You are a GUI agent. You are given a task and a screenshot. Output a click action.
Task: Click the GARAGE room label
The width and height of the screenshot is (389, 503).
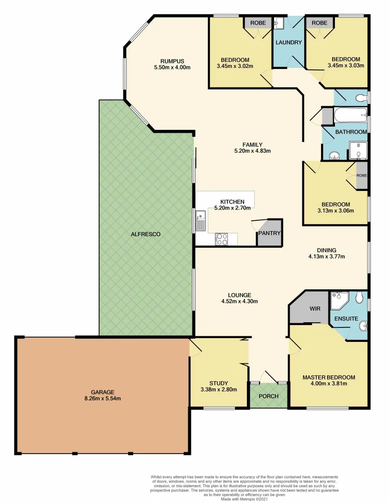103,392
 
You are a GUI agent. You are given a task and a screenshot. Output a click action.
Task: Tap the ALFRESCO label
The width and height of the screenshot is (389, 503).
145,234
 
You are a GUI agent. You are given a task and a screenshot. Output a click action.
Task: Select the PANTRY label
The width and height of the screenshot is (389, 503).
269,233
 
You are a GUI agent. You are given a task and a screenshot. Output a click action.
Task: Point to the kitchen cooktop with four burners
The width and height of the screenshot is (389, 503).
222,239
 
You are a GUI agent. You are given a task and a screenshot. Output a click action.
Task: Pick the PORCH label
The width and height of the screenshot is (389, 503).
268,396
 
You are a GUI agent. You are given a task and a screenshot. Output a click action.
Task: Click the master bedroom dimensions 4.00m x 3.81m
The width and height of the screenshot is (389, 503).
328,384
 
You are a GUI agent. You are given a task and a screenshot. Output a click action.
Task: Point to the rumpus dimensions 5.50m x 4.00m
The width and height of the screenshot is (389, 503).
172,68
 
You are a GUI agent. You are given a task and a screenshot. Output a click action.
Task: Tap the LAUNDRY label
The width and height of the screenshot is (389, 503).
289,42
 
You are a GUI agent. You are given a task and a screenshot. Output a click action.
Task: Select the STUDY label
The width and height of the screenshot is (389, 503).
218,383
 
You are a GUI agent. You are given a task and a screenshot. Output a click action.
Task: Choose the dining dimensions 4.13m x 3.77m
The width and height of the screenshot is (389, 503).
327,256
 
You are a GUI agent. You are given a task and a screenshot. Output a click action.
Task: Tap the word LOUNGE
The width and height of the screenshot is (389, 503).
240,295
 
